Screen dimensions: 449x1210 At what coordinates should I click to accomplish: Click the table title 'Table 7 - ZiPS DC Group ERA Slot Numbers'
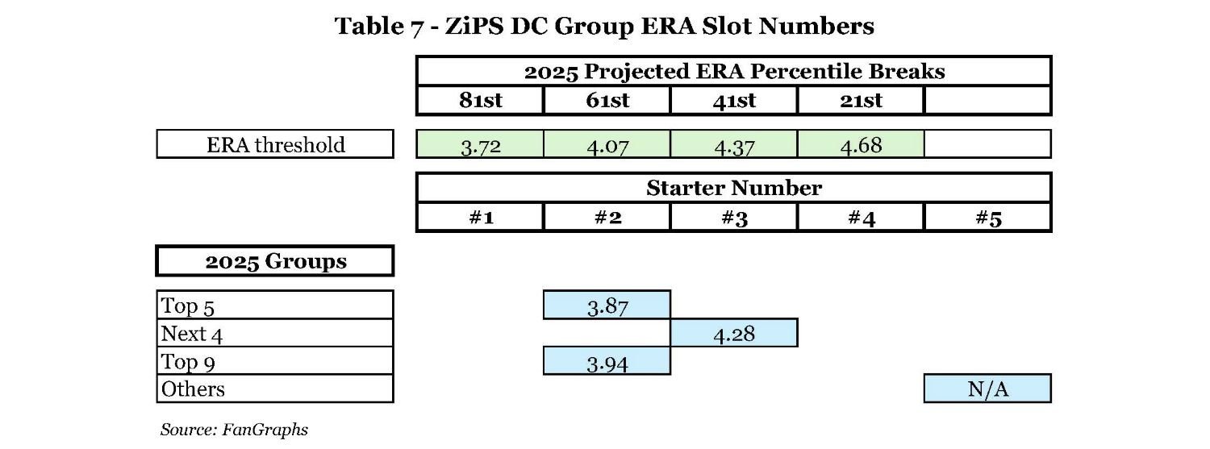(604, 26)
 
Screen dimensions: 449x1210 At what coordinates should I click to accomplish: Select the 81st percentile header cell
(480, 101)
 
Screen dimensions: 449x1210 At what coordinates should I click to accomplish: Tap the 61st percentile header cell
(607, 101)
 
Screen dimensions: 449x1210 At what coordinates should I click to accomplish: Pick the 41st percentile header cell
(733, 101)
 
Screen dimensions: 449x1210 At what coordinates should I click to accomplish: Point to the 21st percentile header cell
(860, 101)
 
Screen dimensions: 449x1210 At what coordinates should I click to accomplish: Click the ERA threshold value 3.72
(480, 145)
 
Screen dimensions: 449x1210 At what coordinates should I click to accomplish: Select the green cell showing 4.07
(607, 145)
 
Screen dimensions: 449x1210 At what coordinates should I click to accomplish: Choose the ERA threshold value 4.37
(733, 145)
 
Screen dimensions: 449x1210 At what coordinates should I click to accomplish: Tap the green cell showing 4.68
(860, 145)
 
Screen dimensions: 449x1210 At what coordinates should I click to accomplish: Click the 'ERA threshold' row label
(275, 145)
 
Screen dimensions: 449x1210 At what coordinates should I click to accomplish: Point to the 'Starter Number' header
(733, 189)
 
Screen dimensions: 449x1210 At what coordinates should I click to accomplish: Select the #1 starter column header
(480, 218)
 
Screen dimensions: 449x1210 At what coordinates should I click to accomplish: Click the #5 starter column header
(987, 218)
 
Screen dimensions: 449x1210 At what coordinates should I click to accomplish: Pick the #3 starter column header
(733, 218)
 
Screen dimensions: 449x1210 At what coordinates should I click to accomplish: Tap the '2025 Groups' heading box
(275, 262)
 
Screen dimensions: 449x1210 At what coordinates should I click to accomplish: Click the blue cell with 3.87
(607, 306)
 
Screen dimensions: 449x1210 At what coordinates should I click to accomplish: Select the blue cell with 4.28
(733, 333)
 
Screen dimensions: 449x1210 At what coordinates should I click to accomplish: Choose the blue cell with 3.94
(607, 361)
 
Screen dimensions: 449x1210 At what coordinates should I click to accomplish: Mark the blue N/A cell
(987, 389)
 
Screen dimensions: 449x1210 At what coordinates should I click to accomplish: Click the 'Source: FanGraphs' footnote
(234, 430)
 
